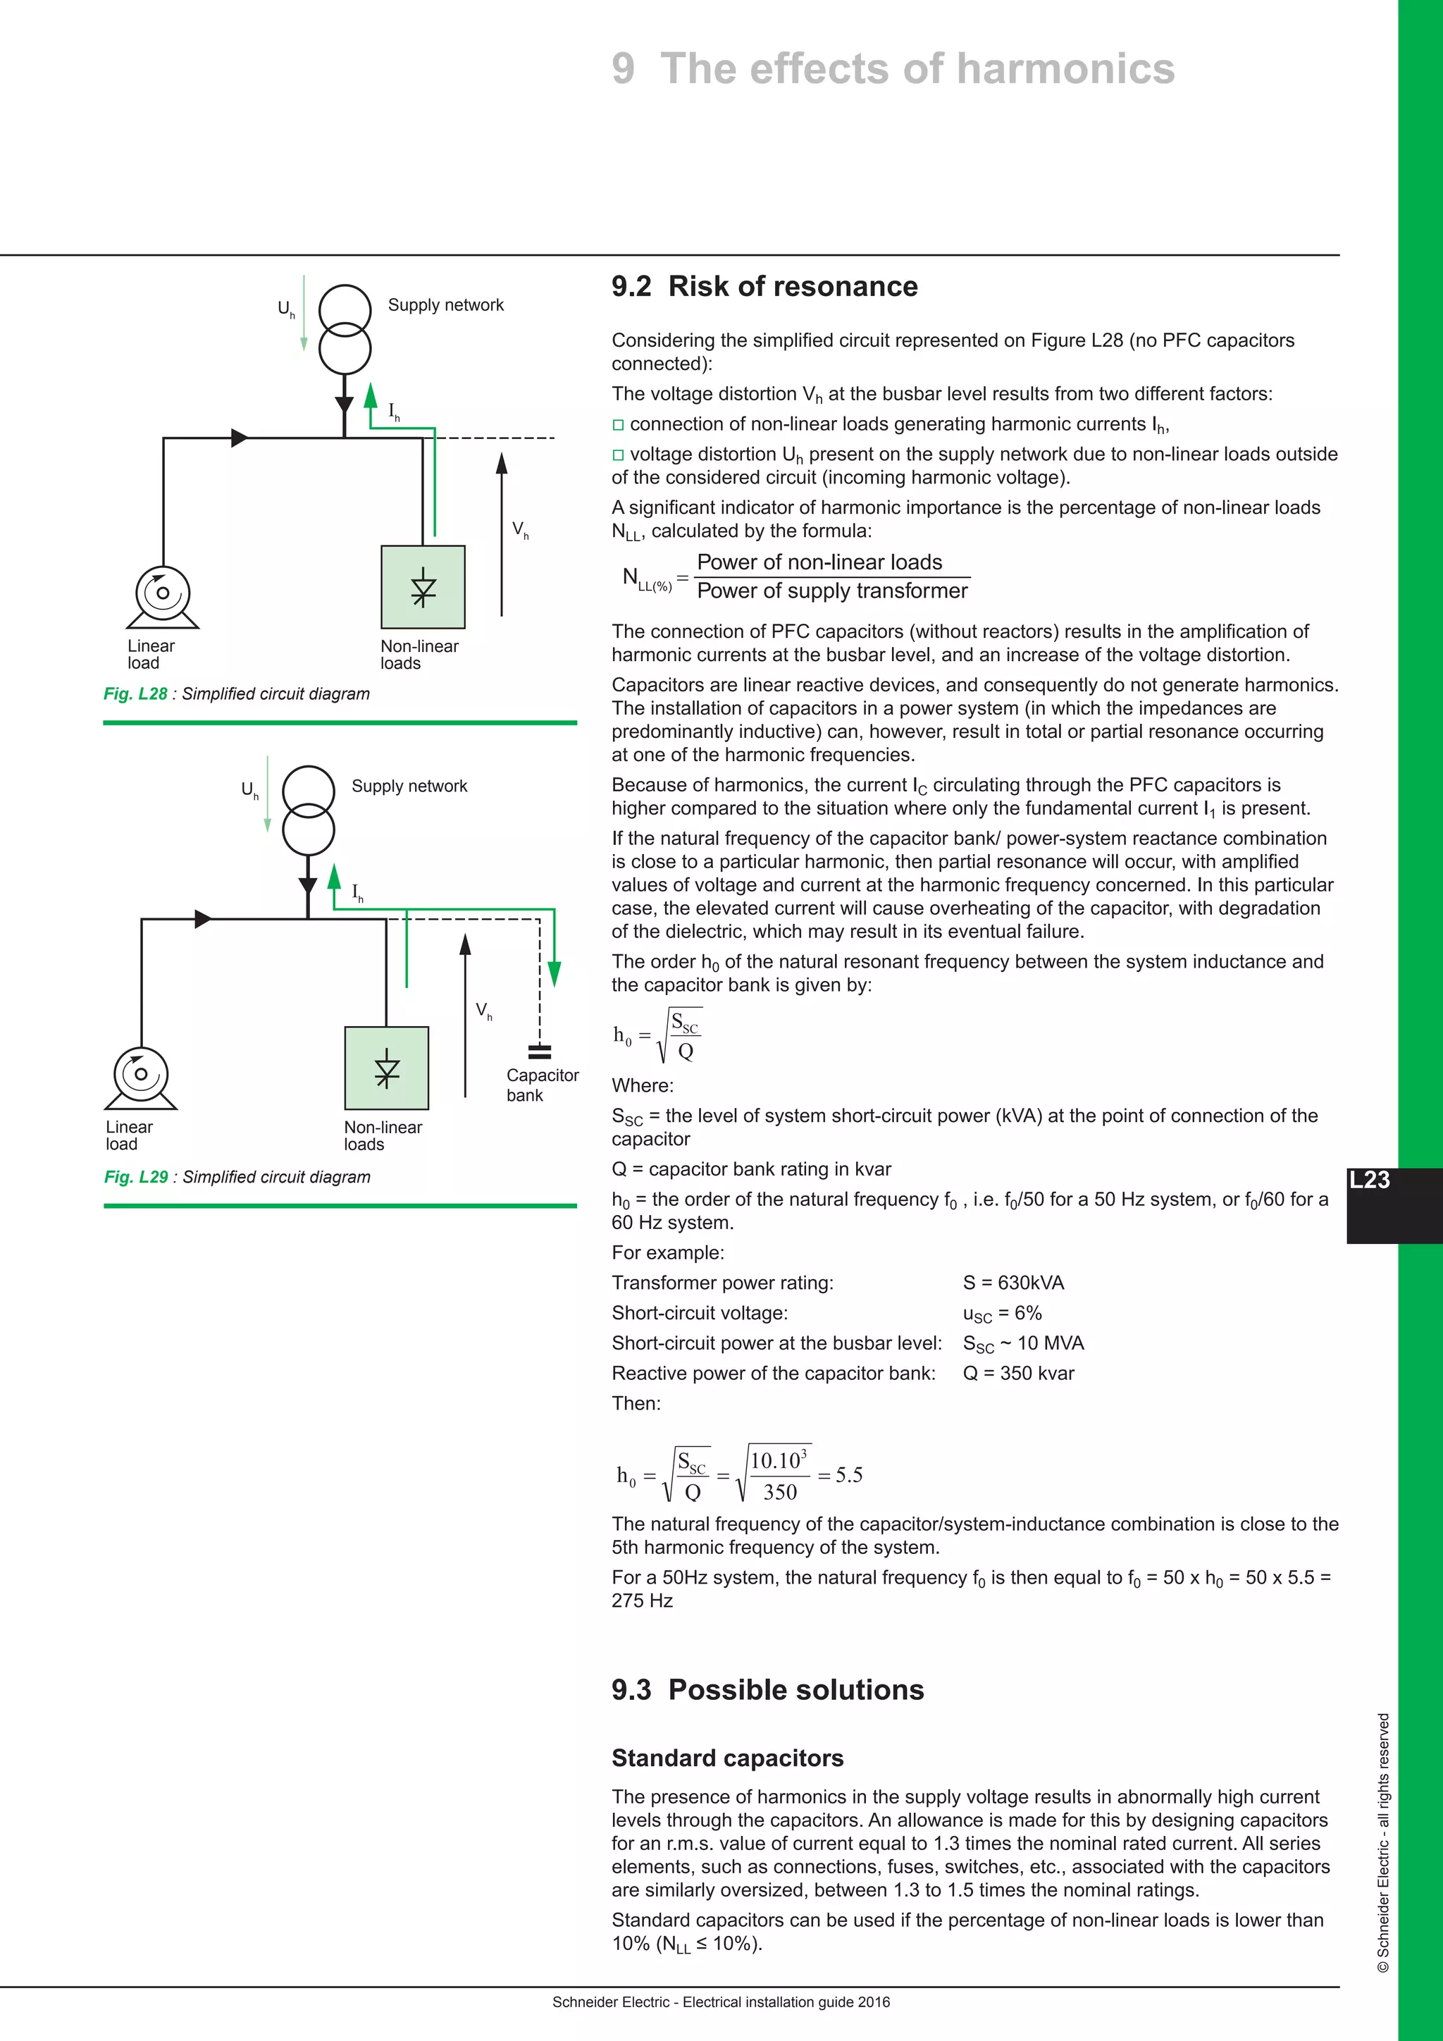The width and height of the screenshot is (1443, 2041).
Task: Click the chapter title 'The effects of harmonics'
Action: (916, 69)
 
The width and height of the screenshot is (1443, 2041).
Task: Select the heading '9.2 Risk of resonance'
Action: (764, 286)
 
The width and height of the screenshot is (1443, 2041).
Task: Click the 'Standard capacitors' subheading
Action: (727, 1758)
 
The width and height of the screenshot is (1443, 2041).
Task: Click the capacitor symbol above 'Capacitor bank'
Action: (539, 1052)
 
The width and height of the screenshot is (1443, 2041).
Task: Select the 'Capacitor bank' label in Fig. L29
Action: (541, 1085)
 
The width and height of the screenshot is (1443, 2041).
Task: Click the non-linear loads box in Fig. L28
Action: (423, 586)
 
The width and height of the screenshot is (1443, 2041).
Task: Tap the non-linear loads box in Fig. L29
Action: (387, 1068)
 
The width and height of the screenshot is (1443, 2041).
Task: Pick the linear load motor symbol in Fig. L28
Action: (163, 596)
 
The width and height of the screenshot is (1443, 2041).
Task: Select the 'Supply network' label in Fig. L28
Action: (445, 305)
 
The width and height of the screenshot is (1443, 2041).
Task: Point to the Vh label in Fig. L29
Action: (483, 1011)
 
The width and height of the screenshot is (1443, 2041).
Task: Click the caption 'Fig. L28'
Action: (135, 693)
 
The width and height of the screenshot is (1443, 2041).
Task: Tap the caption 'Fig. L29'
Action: (136, 1176)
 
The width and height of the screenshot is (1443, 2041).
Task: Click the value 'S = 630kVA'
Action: (1013, 1283)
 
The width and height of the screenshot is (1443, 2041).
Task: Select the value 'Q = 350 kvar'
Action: (1018, 1374)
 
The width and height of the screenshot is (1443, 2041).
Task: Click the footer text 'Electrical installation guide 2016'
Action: (786, 2002)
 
